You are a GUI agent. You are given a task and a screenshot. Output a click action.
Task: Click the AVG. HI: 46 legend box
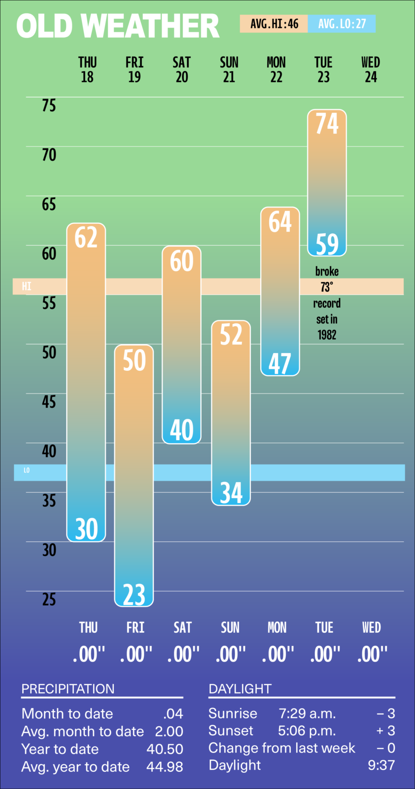coord(274,24)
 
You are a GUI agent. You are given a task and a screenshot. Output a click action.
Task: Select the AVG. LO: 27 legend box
coord(342,24)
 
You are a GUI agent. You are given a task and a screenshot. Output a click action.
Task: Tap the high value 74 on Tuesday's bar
coord(327,123)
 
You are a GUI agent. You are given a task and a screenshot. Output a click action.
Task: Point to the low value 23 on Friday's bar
coord(134,594)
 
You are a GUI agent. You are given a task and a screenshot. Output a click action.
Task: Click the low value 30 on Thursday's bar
coord(86,529)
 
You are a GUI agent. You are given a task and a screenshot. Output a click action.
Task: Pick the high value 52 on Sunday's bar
coord(231,334)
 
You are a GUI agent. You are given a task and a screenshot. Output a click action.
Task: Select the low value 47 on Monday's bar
coord(280,364)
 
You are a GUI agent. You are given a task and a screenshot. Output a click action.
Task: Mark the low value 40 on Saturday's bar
coord(182,430)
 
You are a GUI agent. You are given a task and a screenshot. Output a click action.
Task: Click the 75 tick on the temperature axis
coord(49,106)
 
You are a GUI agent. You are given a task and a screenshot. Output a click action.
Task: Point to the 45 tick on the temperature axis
coord(49,402)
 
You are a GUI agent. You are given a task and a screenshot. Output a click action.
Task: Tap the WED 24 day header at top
coord(371,70)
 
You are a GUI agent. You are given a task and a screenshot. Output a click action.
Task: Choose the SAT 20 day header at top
coord(182,70)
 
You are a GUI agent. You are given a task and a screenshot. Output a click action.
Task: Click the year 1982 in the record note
coord(327,335)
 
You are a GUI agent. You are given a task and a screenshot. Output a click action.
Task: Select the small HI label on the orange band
coord(27,287)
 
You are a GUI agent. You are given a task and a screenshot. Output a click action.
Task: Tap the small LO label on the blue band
coord(27,470)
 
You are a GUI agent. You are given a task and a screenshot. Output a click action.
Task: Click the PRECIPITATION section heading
coord(68,689)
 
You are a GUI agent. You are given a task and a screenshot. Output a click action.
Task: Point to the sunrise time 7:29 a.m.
coord(307,714)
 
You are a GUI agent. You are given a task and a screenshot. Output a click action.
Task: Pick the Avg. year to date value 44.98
coord(165,767)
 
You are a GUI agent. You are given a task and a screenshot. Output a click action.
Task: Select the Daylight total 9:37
coord(381,765)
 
